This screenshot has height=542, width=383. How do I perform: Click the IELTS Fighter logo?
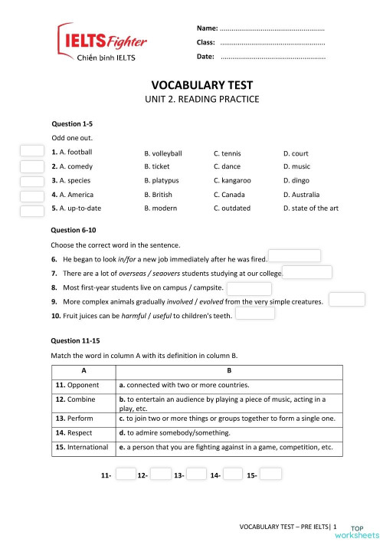tap(102, 44)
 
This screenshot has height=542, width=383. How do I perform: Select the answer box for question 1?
tap(31, 152)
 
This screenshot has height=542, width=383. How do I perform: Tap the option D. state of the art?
tap(310, 208)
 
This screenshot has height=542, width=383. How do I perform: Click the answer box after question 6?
tap(294, 256)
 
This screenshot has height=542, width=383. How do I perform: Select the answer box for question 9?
tap(346, 299)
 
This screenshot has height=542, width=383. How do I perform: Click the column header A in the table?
tap(83, 370)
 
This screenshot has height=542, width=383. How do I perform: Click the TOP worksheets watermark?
tap(364, 531)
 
